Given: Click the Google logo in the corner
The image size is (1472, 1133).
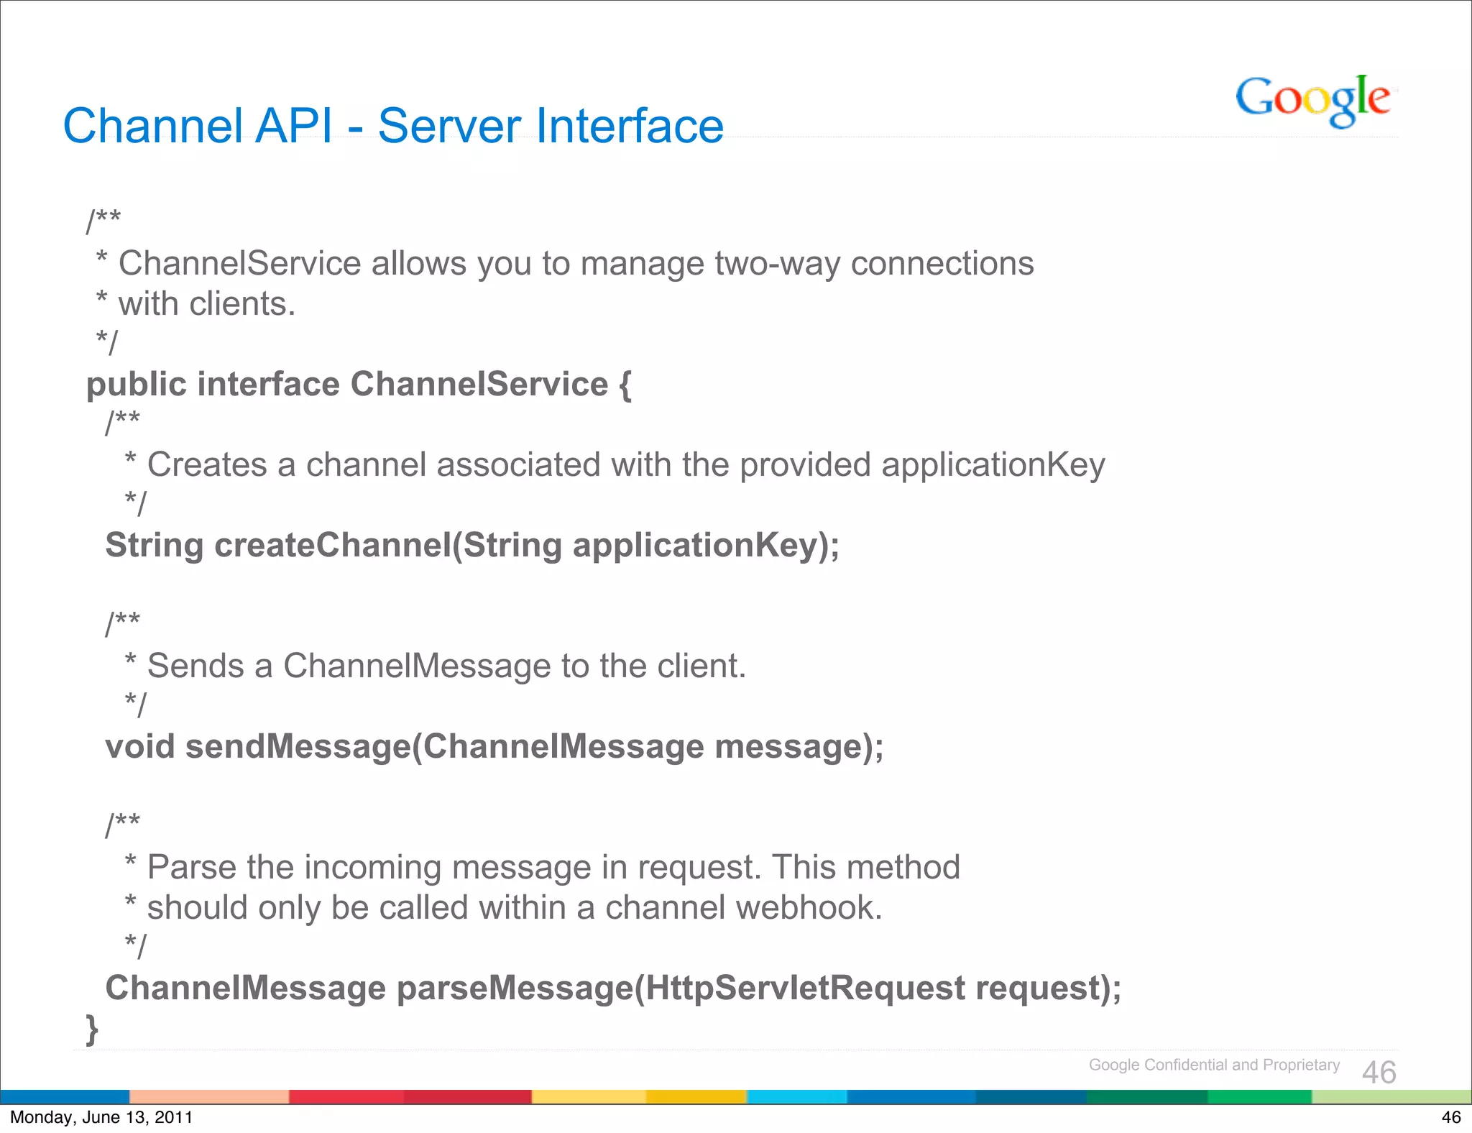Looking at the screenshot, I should click(1312, 100).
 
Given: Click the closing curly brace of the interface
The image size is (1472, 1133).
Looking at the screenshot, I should click(92, 1029).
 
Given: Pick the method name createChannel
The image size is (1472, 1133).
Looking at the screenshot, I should click(333, 545).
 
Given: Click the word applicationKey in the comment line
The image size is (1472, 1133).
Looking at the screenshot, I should click(993, 465).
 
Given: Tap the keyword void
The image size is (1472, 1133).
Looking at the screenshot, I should click(140, 746).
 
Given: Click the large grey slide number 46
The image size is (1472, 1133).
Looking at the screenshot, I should click(1379, 1073).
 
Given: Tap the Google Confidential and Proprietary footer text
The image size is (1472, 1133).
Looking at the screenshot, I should click(1214, 1065).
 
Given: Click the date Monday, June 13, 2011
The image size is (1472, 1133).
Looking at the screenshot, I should click(101, 1117).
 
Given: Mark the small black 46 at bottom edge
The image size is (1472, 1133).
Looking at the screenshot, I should click(1451, 1117).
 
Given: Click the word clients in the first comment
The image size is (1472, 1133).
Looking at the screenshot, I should click(242, 304).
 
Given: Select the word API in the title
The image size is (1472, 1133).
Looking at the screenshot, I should click(294, 127).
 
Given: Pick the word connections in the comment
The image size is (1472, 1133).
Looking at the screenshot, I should click(942, 264).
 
